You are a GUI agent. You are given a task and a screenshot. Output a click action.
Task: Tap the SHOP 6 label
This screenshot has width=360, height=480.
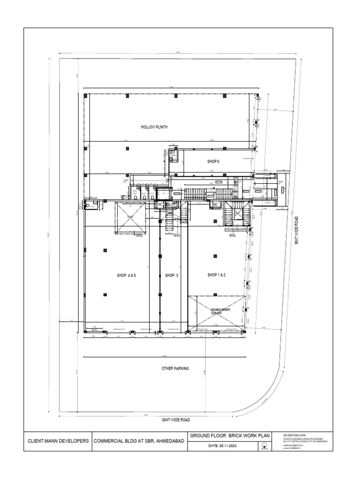213,161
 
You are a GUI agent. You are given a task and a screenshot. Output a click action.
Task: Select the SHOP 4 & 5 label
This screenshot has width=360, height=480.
126,275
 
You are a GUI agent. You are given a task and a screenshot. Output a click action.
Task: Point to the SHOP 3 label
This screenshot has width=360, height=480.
172,275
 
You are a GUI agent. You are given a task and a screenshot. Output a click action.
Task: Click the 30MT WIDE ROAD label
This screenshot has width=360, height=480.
176,420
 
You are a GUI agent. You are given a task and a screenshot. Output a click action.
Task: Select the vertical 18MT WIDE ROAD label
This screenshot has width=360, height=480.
296,230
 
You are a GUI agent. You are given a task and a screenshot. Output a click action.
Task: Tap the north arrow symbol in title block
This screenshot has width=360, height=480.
265,446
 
